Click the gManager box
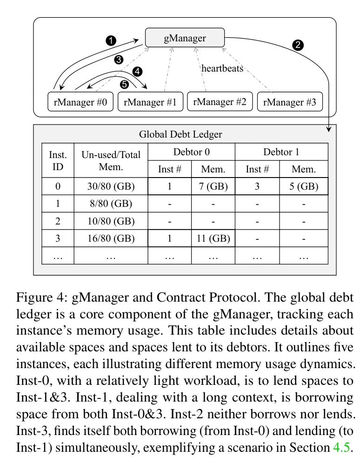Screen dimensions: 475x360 click(185, 38)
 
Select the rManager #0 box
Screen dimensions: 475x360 click(80, 102)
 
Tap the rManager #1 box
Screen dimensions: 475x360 click(150, 102)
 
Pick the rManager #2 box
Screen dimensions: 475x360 click(220, 101)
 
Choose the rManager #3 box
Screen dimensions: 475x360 click(289, 102)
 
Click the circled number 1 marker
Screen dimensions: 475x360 click(111, 40)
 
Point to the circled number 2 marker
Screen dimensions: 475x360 click(298, 45)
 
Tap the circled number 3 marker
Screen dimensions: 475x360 click(119, 59)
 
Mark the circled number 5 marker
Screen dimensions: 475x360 click(124, 84)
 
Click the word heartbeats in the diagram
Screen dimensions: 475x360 click(222, 68)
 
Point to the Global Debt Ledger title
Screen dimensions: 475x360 click(180, 135)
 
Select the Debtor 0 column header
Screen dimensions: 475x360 click(191, 152)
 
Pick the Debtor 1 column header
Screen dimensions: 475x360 click(281, 152)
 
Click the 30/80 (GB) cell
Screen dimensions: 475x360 click(111, 186)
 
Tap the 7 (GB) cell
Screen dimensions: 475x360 click(213, 186)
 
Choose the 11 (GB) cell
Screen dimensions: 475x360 click(213, 238)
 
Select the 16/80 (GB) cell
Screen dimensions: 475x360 click(111, 238)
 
